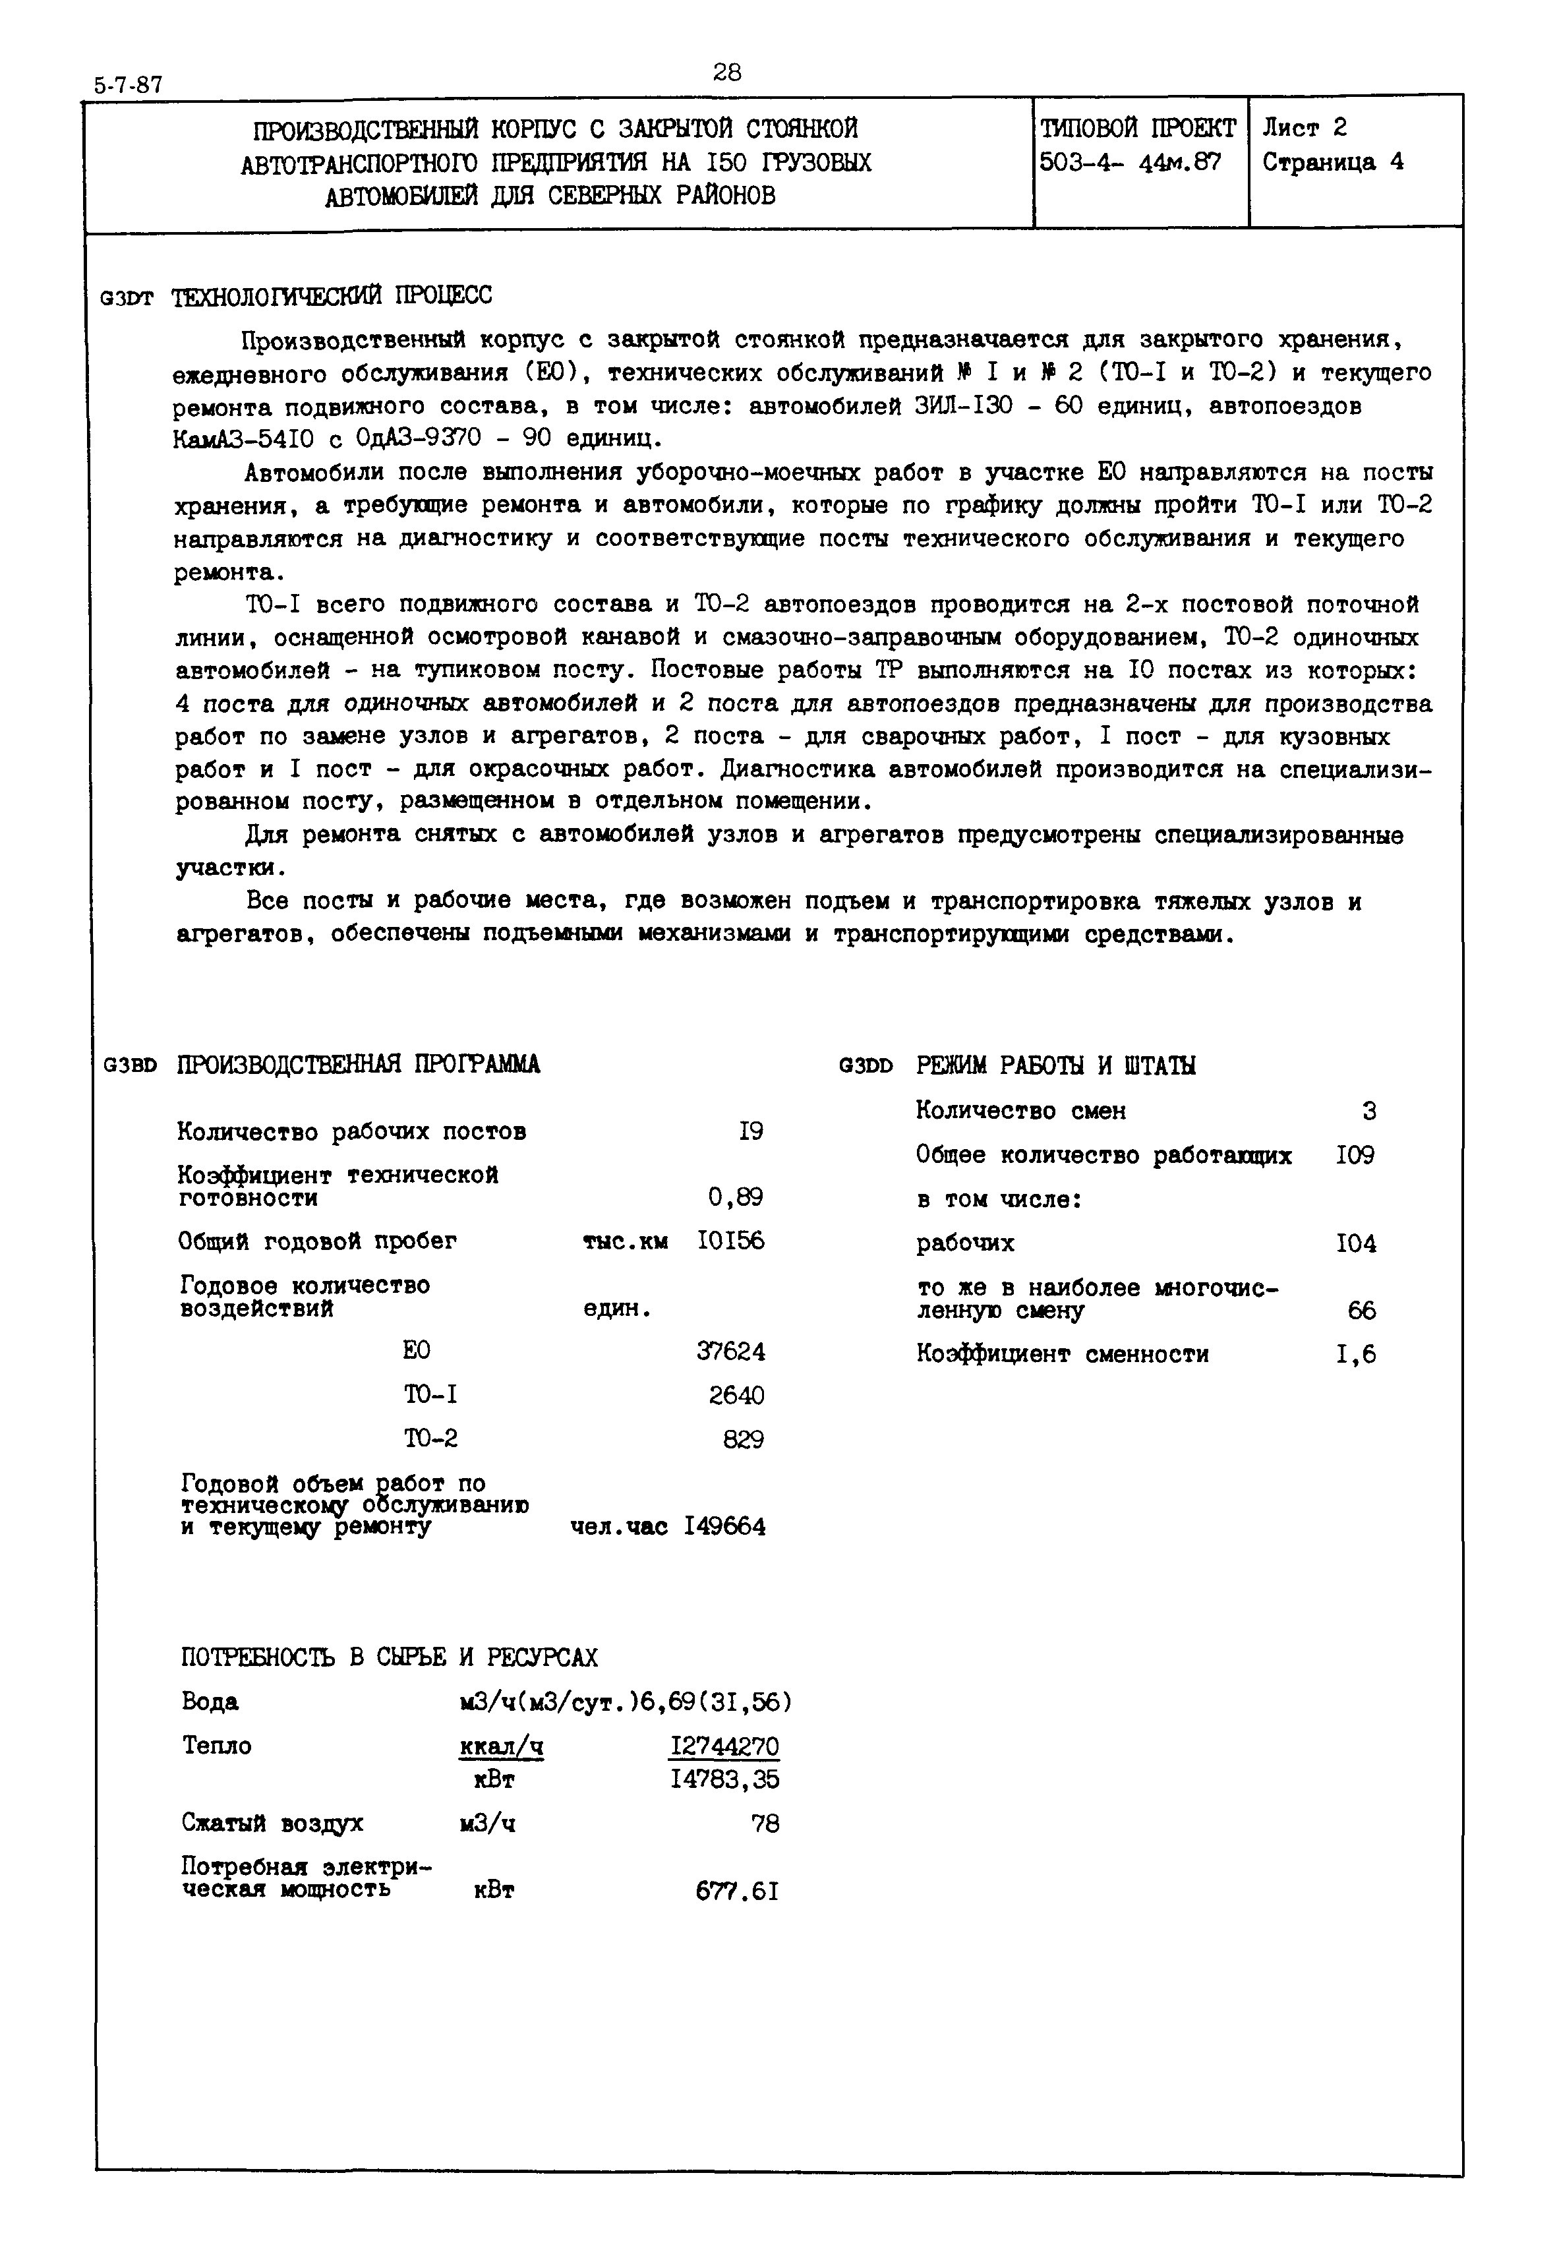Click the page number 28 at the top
727,73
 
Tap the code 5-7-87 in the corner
128,85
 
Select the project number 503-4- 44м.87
1130,162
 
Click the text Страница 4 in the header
1333,162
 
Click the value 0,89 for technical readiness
736,1197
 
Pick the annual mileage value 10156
730,1241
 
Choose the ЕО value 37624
730,1352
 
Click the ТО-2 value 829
744,1439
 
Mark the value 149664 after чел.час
725,1526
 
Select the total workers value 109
1356,1155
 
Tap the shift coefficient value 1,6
1356,1354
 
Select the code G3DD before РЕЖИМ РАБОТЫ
866,1067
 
